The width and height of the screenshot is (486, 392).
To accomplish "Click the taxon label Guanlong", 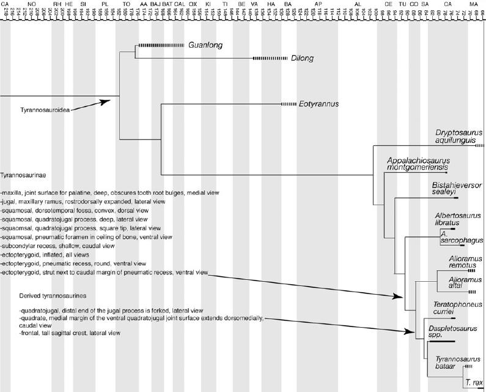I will point(205,45).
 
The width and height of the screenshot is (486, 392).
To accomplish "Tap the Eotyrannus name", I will point(318,104).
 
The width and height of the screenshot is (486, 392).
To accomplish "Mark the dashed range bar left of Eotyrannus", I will point(287,104).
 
